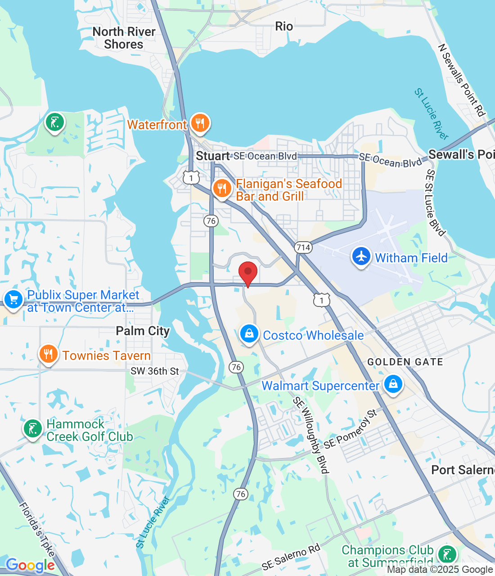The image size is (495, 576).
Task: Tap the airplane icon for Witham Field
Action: point(361,256)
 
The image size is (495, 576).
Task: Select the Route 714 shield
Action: point(303,247)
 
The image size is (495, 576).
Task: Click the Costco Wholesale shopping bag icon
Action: point(249,334)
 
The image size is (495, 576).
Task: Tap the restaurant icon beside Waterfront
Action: point(200,123)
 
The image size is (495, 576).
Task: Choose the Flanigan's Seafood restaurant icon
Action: point(222,189)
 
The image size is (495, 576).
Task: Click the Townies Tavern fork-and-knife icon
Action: point(49,355)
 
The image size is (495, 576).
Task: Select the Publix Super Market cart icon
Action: point(13,299)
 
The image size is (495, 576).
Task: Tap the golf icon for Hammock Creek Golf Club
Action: point(33,428)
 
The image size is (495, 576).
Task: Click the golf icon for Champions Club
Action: point(447,554)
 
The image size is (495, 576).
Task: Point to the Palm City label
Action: point(143,331)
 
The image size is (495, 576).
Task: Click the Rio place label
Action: point(284,27)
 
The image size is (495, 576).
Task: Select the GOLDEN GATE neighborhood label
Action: point(405,362)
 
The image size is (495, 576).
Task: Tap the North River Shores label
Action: point(124,38)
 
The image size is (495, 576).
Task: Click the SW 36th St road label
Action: point(155,371)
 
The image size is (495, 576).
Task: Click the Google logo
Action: point(30,565)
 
